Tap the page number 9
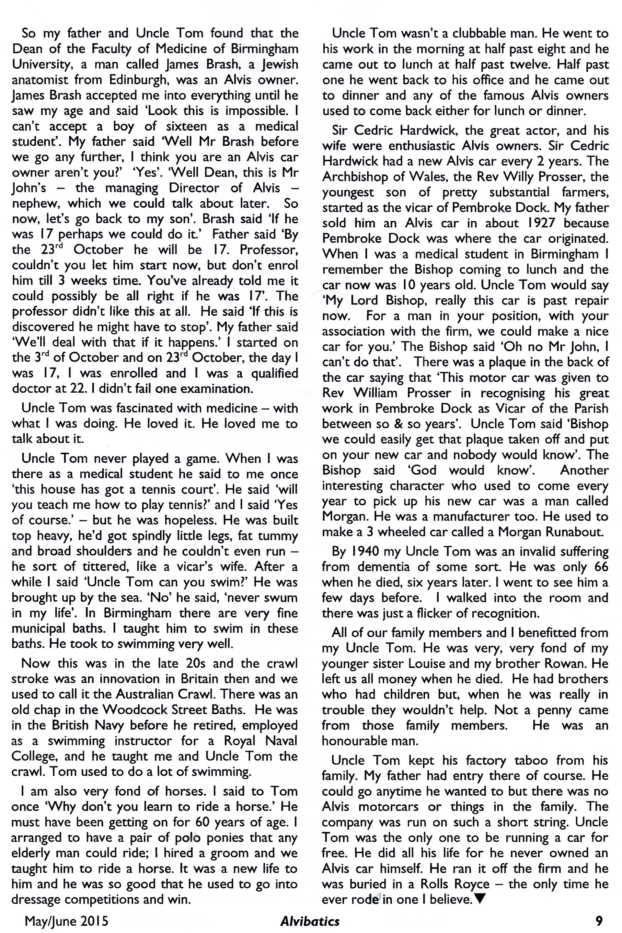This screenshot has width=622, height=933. click(599, 920)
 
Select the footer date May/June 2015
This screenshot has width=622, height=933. click(67, 921)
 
